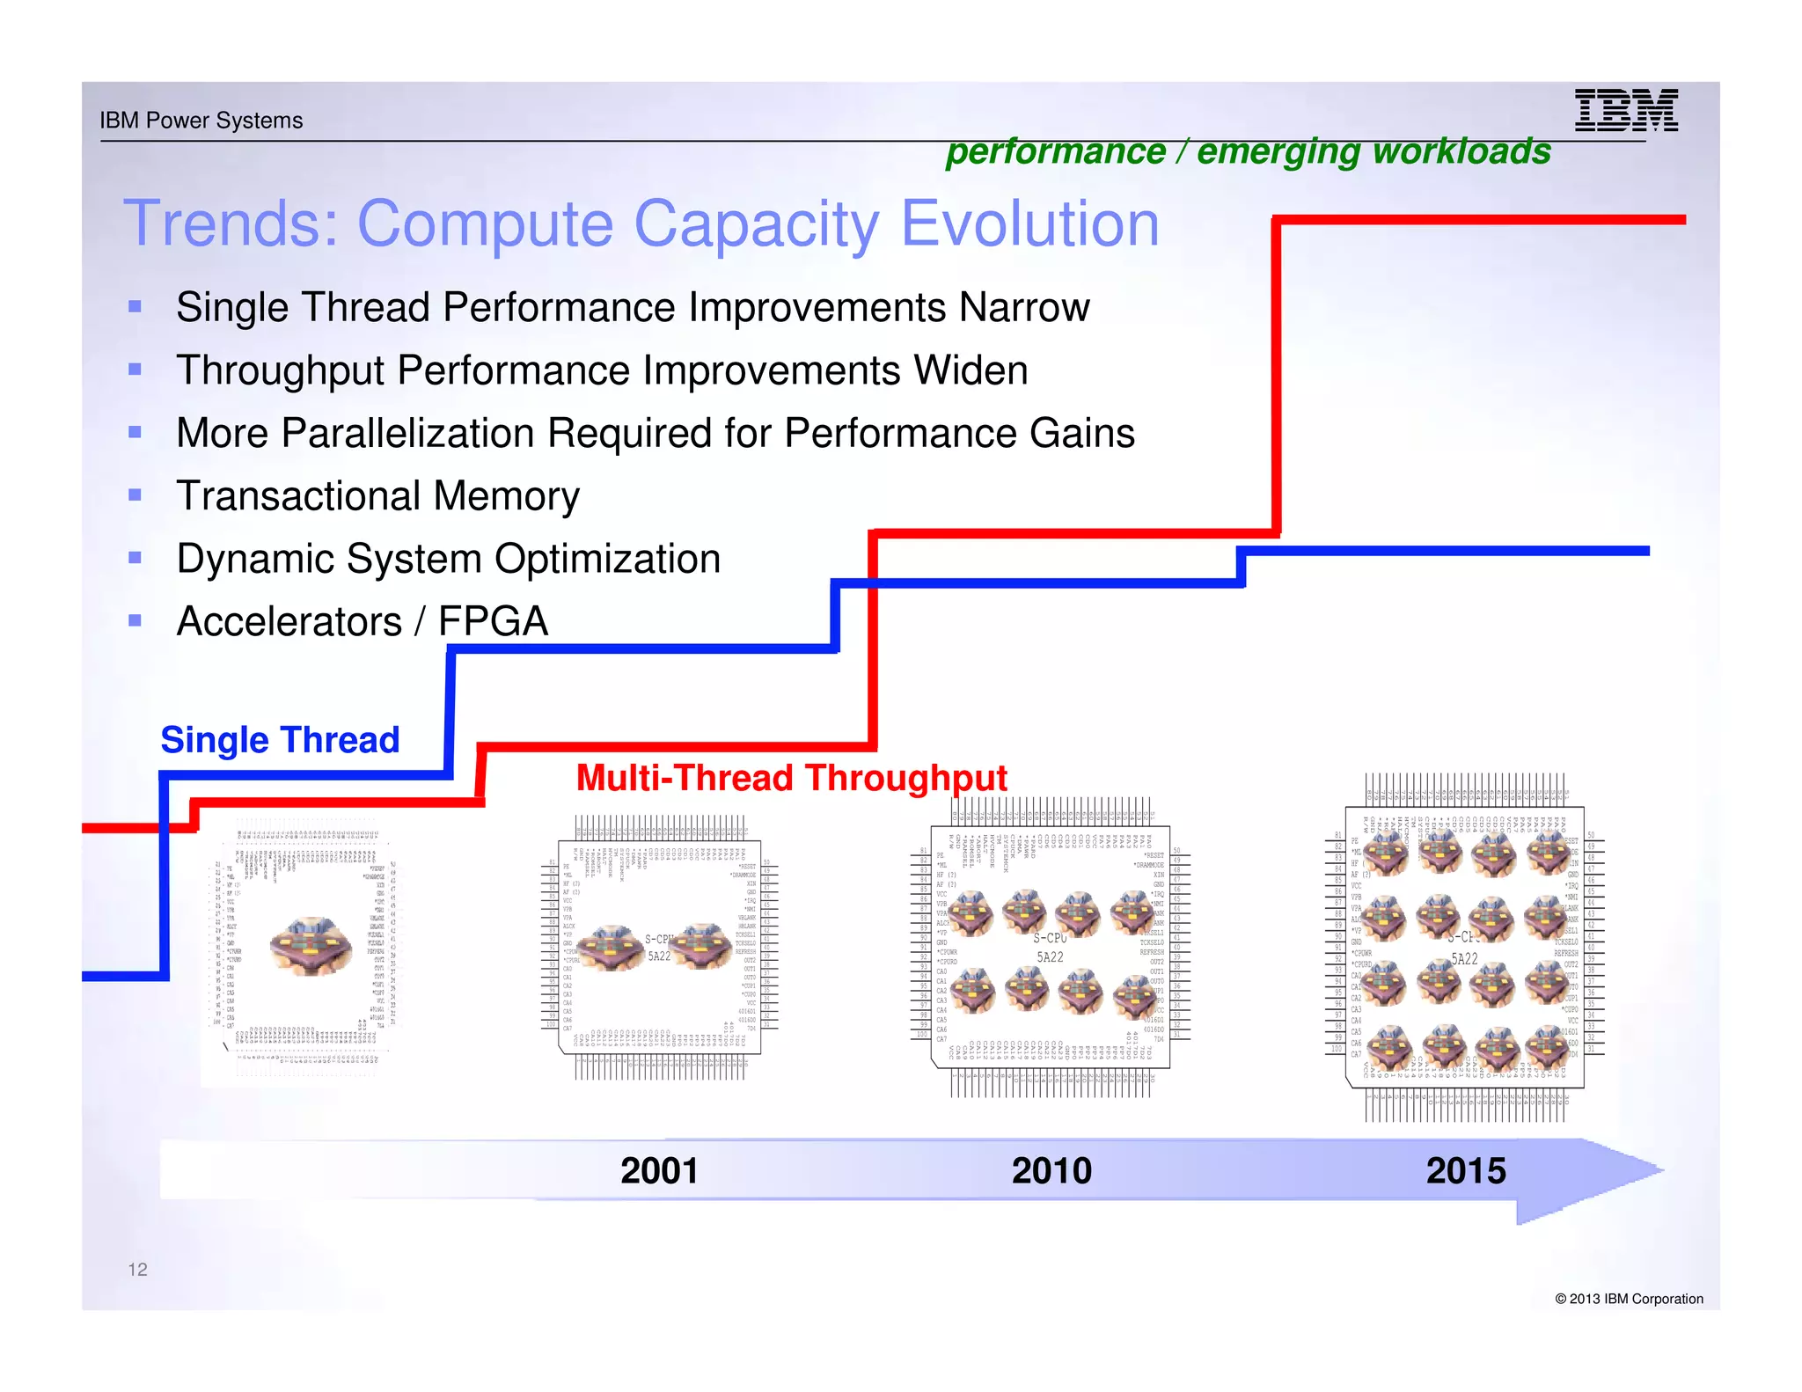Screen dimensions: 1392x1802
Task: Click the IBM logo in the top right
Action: [x=1625, y=111]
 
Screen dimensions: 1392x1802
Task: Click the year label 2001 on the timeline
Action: [x=659, y=1170]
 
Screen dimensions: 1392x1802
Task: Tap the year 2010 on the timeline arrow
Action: [x=1051, y=1170]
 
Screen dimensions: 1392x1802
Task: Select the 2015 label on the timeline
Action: [x=1466, y=1170]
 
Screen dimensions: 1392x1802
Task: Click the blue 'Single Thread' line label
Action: [x=280, y=740]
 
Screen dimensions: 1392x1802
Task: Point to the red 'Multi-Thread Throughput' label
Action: [x=791, y=778]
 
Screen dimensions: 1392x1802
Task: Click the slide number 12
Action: [x=138, y=1269]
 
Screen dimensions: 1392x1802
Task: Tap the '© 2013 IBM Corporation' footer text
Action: [x=1629, y=1299]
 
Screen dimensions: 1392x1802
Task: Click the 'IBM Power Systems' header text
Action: [x=201, y=121]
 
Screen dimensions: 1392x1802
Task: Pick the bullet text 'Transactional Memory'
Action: [x=377, y=495]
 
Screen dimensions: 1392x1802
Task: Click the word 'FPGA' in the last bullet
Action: [x=493, y=621]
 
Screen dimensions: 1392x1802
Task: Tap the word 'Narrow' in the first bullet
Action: [x=1024, y=307]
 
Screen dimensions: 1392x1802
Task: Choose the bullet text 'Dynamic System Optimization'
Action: [x=448, y=559]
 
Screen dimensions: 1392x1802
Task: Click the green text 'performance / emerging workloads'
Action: [x=1248, y=151]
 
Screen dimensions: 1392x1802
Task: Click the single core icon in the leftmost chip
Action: [x=311, y=946]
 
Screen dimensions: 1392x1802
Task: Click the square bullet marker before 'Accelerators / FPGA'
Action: [x=135, y=620]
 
